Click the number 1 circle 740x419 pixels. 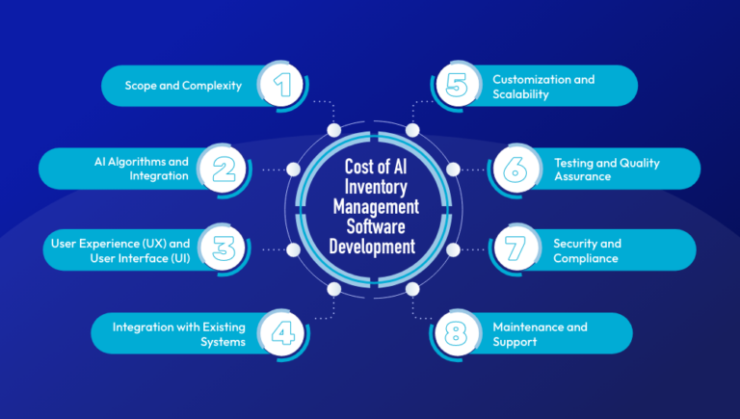[x=282, y=86]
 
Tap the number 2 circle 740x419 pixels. [x=224, y=169]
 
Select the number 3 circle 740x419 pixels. [x=224, y=250]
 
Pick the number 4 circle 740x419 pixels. [x=282, y=333]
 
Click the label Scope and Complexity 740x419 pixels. [x=183, y=86]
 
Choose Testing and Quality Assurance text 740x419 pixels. [x=606, y=170]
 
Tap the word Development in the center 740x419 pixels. [x=370, y=248]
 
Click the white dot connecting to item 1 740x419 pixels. [x=333, y=130]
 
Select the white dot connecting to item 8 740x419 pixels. [x=413, y=289]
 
